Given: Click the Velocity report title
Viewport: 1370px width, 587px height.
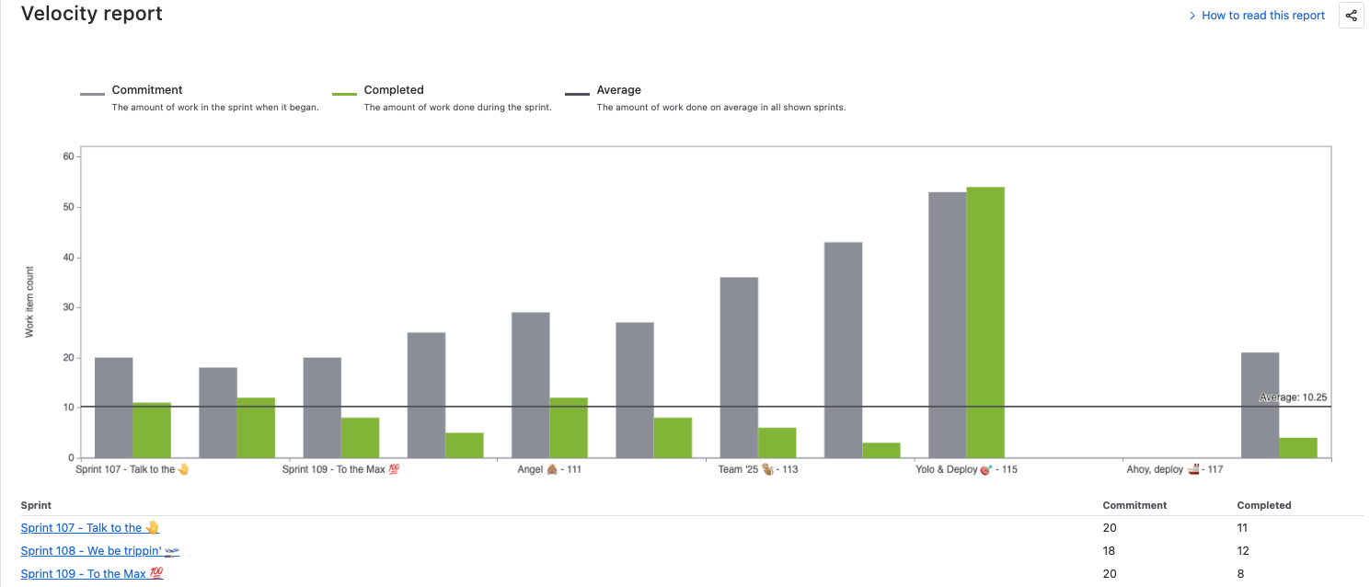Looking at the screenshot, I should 92,14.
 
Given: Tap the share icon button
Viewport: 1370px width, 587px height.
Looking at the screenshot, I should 1351,16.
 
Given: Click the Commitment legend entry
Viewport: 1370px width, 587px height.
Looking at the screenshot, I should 147,90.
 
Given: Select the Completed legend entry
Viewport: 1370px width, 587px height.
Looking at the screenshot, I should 393,90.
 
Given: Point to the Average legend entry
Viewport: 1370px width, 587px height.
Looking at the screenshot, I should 618,90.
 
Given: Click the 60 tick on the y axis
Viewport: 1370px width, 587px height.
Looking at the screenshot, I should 68,156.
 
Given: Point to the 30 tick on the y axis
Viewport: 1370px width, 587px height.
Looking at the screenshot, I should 68,307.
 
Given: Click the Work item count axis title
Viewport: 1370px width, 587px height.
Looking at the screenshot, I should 29,302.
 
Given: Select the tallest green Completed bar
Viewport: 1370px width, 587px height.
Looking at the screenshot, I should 984,322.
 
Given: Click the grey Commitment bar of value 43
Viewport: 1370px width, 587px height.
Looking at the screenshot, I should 843,350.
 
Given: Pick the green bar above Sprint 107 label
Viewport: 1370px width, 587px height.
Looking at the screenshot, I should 152,430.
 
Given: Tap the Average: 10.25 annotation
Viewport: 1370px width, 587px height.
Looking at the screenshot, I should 1293,397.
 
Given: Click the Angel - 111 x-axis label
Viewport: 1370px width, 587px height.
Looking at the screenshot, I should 549,469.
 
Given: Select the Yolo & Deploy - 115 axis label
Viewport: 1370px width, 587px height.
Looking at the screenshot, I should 966,469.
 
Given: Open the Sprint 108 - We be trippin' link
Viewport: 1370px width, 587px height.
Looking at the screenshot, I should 99,551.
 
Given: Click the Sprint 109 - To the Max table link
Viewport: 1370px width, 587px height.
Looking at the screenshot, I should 92,574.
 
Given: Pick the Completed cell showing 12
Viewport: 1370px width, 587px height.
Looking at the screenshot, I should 1243,551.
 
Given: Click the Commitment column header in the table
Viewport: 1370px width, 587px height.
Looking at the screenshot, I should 1134,505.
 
